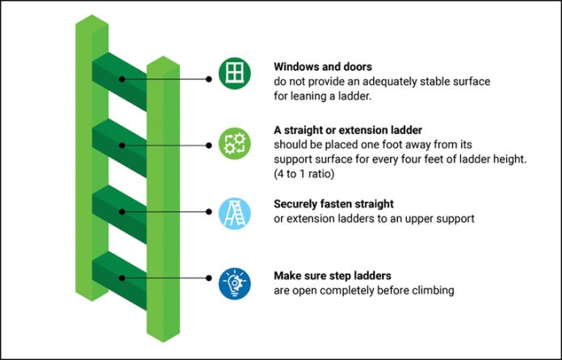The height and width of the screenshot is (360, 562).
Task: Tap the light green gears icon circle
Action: tap(234, 144)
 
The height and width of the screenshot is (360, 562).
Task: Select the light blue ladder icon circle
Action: tap(234, 211)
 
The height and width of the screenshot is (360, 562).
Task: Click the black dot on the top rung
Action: tap(121, 79)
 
